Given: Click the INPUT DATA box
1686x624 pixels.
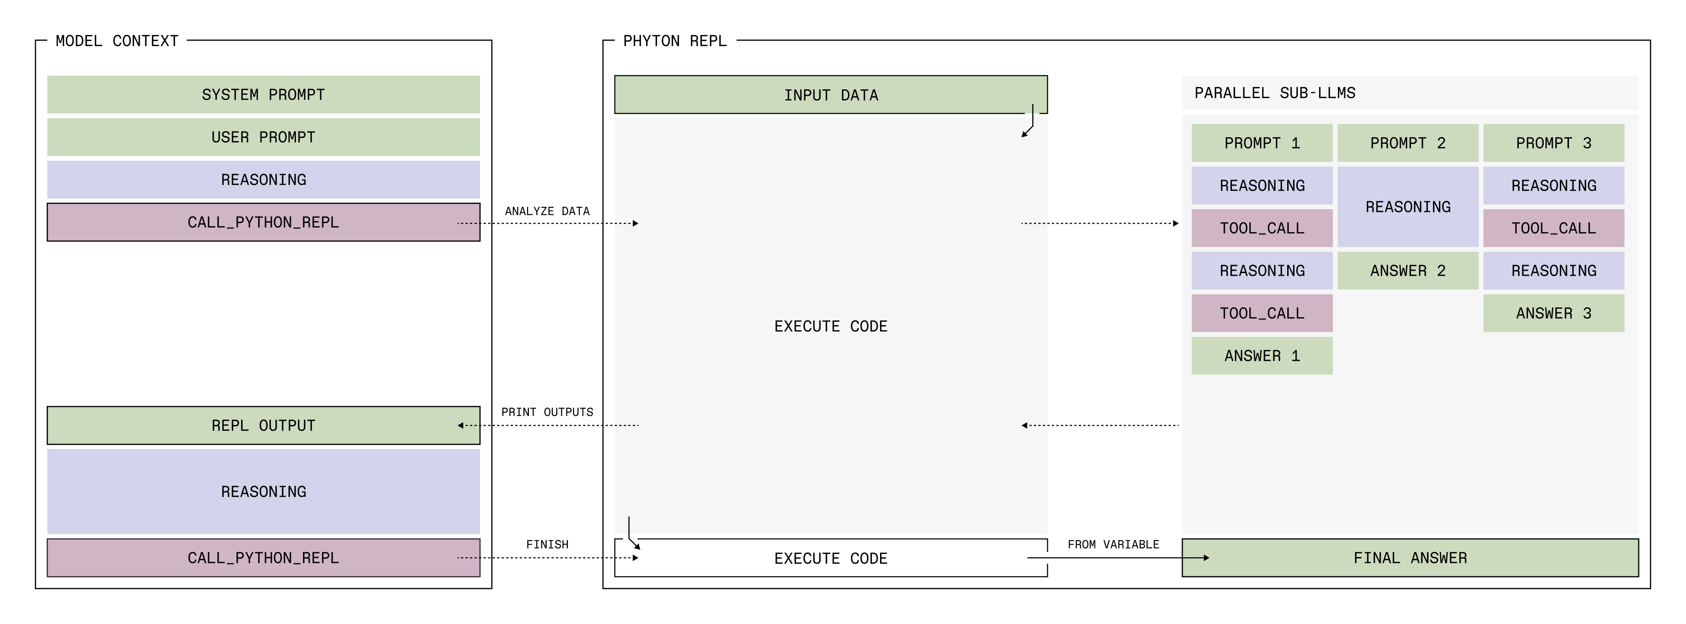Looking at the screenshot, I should (x=830, y=95).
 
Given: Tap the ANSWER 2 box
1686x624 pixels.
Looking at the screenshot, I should (x=1407, y=271).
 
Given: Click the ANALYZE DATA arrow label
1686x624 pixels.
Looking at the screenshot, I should (x=547, y=211).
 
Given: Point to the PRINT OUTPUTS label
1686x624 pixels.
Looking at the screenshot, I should (x=547, y=412).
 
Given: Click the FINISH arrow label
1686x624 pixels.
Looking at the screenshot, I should (x=547, y=544).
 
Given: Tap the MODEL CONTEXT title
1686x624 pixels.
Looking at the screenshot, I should (x=117, y=41).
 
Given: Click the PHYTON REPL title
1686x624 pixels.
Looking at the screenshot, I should (x=674, y=41).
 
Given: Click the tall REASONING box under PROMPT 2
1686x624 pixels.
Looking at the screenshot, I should (x=1407, y=207).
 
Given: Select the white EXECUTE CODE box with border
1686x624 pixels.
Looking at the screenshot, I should (x=830, y=558).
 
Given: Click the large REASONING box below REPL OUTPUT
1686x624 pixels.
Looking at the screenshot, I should (x=263, y=491).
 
